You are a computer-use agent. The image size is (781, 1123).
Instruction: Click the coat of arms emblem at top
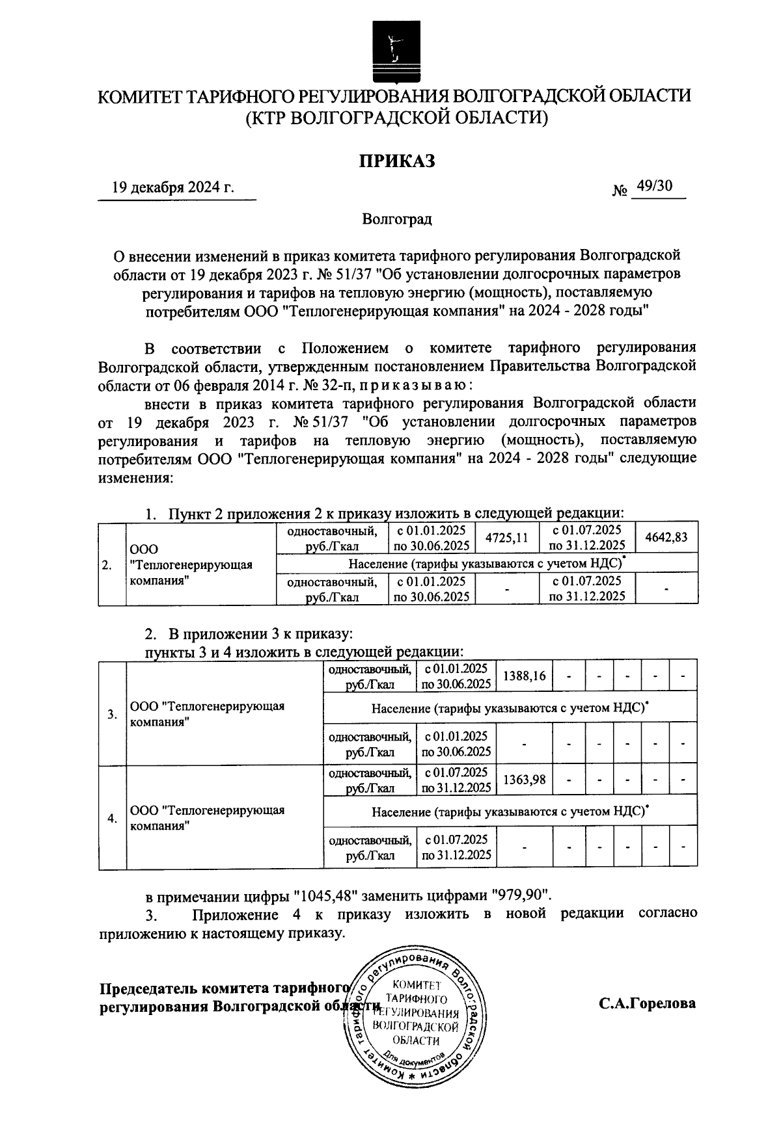(392, 45)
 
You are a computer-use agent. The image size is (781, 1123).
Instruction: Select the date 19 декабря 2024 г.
(173, 188)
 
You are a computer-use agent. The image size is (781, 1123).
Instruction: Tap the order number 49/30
(655, 187)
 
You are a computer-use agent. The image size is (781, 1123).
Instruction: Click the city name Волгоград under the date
(397, 219)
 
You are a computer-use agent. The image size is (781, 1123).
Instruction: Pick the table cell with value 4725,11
(506, 538)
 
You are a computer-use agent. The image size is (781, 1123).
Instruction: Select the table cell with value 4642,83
(666, 538)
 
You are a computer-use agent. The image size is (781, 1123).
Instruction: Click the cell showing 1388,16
(524, 676)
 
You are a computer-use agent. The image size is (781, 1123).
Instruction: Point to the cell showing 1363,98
(524, 779)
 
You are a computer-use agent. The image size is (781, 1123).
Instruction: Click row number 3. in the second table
(113, 714)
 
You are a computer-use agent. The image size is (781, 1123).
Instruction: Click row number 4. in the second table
(113, 818)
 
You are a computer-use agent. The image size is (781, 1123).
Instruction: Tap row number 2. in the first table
(107, 564)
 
